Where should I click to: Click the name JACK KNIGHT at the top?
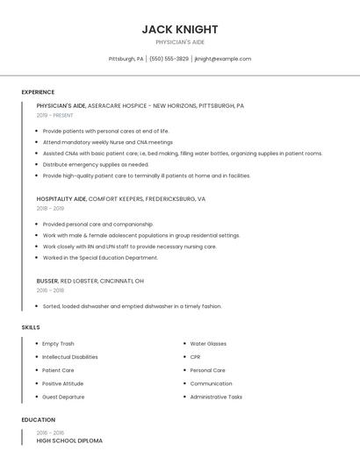pyautogui.click(x=179, y=29)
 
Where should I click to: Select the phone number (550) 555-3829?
pyautogui.click(x=169, y=59)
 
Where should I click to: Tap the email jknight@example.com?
pyautogui.click(x=222, y=59)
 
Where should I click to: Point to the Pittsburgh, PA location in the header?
pyautogui.click(x=126, y=59)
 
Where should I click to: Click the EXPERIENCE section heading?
pyautogui.click(x=38, y=92)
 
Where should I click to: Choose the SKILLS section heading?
pyautogui.click(x=31, y=327)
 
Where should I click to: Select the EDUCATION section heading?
pyautogui.click(x=39, y=419)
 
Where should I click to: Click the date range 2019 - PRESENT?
pyautogui.click(x=54, y=115)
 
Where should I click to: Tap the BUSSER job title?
pyautogui.click(x=47, y=281)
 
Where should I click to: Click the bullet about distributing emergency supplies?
pyautogui.click(x=96, y=164)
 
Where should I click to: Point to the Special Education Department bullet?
pyautogui.click(x=100, y=258)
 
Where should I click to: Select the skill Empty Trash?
pyautogui.click(x=58, y=344)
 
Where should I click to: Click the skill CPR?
pyautogui.click(x=195, y=357)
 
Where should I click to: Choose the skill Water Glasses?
pyautogui.click(x=208, y=344)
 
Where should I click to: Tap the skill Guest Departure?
pyautogui.click(x=63, y=397)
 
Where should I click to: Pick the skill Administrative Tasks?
pyautogui.click(x=216, y=397)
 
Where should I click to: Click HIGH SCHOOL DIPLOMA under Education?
pyautogui.click(x=69, y=440)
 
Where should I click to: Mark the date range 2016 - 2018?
pyautogui.click(x=50, y=290)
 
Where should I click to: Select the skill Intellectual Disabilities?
pyautogui.click(x=70, y=357)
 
